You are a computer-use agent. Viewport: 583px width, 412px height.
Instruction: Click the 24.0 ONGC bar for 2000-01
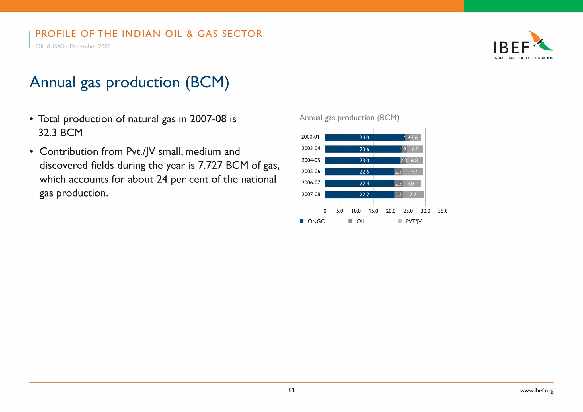365,138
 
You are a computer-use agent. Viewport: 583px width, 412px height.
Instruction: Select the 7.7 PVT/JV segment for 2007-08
413,195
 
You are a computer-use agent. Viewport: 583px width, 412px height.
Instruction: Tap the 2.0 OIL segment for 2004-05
403,161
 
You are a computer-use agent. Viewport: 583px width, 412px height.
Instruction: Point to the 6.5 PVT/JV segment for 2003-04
415,149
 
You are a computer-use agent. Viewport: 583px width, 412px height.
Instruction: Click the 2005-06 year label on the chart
311,172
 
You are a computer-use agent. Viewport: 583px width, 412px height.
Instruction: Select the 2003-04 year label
311,149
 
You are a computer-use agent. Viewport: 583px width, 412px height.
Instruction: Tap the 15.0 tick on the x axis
373,211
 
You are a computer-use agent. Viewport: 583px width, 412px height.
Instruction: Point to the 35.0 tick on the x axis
443,211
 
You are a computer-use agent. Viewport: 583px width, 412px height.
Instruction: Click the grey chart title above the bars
349,118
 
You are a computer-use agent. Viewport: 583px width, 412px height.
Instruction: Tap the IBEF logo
523,45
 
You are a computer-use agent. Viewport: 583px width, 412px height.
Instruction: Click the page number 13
291,390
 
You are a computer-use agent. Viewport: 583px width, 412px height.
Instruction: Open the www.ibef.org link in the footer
537,391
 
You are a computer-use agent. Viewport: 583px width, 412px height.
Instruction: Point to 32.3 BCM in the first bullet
61,133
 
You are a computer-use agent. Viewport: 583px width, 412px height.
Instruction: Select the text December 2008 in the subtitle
90,46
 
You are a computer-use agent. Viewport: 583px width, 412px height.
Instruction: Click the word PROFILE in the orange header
56,34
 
